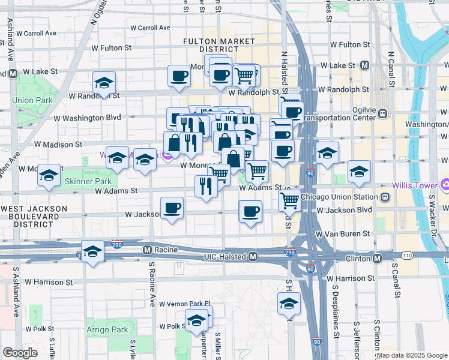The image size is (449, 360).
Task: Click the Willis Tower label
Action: [420, 185]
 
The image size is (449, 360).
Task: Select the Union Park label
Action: [31, 100]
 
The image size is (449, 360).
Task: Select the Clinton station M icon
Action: [377, 258]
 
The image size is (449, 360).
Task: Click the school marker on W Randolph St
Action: [104, 83]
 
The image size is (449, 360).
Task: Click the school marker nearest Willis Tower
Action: [359, 172]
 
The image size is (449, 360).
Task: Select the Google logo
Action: [20, 353]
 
